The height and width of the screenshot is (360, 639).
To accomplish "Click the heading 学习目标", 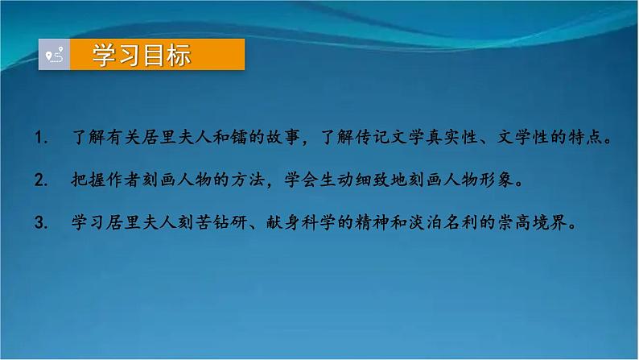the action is coord(142,55).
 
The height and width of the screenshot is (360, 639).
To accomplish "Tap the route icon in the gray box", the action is coord(55,55).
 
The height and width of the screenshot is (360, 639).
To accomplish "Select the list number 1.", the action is coord(41,138).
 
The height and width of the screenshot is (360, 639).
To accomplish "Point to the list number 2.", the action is coord(41,180).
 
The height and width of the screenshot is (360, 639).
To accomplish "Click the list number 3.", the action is coord(41,222).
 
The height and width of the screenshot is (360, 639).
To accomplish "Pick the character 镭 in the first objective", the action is coord(239,137).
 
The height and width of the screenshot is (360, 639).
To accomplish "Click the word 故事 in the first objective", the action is coord(283,137).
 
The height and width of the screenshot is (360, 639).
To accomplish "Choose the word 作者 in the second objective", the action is coord(124,180).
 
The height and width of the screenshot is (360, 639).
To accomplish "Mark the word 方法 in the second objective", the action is coord(248,180).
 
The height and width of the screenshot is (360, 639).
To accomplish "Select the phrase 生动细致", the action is coord(354,180).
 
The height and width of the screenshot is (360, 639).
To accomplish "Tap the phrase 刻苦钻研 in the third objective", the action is coord(212,222).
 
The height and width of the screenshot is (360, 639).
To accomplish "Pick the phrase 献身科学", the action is coord(301,222).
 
